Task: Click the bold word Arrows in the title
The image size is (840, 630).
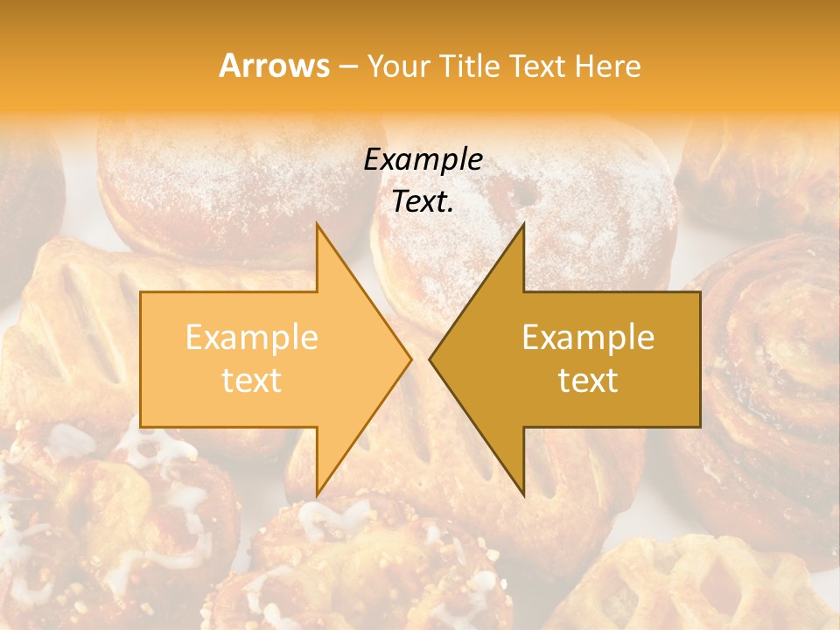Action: click(274, 66)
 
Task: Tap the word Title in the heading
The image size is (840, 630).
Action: click(469, 66)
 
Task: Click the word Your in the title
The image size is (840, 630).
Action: click(399, 66)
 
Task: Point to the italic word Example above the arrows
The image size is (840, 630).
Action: click(423, 159)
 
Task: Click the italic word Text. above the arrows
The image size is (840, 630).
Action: click(423, 201)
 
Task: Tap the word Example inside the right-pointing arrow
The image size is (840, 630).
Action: click(251, 338)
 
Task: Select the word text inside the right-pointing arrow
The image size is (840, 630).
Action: click(251, 381)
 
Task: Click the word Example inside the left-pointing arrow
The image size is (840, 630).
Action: click(588, 338)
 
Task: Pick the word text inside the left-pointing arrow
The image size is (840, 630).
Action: click(588, 381)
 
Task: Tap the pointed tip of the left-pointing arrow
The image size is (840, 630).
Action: click(430, 359)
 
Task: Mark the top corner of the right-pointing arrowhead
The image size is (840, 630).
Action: click(317, 224)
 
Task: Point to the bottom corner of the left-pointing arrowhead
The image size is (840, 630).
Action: click(523, 493)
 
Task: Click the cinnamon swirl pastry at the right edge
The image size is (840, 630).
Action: click(770, 350)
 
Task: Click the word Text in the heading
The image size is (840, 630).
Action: click(537, 66)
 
